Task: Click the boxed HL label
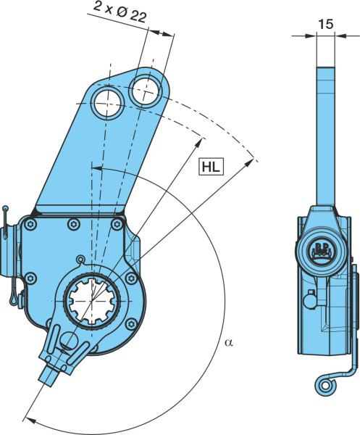tap(211, 167)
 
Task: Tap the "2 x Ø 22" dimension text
tap(120, 12)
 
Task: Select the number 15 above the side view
tap(326, 25)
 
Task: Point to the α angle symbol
tap(229, 343)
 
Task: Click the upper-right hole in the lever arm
tap(146, 91)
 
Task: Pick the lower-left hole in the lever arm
tap(107, 104)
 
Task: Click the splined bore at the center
tap(92, 300)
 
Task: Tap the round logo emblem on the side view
tap(322, 251)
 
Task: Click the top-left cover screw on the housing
tap(30, 224)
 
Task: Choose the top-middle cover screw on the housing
tap(74, 224)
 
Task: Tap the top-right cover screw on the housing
tap(117, 224)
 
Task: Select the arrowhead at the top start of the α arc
tap(97, 168)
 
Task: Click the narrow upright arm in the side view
tap(326, 136)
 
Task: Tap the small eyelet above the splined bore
tap(80, 260)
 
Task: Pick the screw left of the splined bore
tap(30, 278)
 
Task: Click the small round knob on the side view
tap(310, 301)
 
